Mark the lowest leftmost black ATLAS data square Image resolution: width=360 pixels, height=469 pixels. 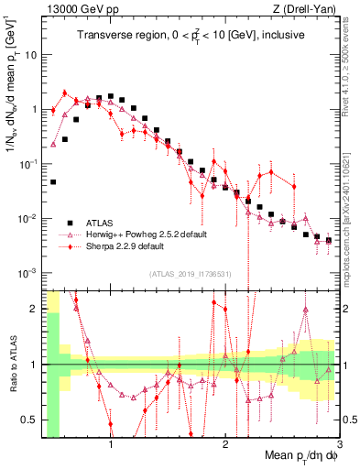(x=53, y=181)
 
